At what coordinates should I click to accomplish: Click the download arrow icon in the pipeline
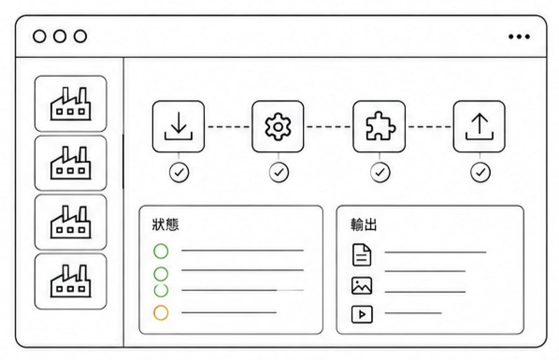point(178,127)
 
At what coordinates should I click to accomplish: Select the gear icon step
point(278,127)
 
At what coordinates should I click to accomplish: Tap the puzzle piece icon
point(380,126)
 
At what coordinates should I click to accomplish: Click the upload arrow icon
point(480,127)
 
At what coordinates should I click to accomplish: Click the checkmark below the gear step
point(279,173)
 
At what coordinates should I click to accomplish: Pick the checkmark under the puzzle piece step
point(380,173)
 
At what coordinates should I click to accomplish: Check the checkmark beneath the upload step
point(480,173)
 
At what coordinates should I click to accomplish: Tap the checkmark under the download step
point(179,173)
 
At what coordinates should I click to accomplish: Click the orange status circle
point(161,313)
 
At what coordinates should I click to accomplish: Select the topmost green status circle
point(161,251)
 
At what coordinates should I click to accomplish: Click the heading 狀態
point(165,225)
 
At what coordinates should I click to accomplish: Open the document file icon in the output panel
point(361,255)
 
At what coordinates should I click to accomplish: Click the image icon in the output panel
point(361,286)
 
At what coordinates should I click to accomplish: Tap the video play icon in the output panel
point(362,314)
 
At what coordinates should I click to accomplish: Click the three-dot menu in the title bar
point(519,36)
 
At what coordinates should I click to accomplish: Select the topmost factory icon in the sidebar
point(71,104)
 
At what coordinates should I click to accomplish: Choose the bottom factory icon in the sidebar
point(71,281)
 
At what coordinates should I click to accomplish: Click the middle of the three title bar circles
point(60,36)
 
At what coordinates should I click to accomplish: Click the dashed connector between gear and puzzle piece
point(328,127)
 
